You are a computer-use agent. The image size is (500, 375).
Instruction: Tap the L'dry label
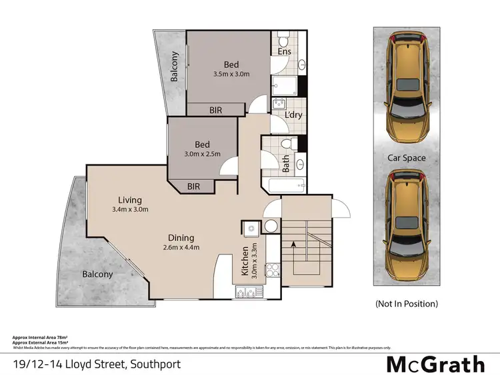294,115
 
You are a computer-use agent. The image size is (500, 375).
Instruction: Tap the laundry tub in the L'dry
279,103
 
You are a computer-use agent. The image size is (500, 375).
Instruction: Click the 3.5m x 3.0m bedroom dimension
231,74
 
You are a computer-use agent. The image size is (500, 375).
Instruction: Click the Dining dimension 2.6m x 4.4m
181,248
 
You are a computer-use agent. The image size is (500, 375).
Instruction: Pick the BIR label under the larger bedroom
215,110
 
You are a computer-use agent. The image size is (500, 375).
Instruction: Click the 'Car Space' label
407,158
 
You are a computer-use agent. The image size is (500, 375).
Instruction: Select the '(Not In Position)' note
407,303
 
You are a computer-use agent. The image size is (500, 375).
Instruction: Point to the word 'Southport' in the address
155,364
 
